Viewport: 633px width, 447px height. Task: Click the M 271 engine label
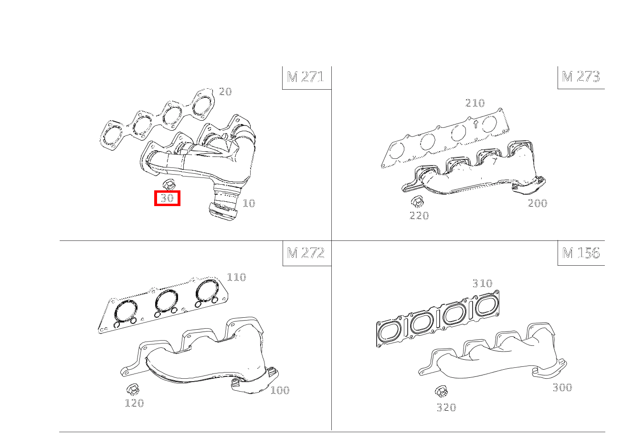pos(305,77)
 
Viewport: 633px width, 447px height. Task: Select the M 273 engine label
pos(580,76)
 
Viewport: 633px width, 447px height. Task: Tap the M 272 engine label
pos(306,253)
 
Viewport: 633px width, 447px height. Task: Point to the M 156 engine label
pos(580,253)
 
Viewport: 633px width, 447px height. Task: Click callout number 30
pos(167,198)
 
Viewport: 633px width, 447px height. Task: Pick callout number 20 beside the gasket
pos(225,92)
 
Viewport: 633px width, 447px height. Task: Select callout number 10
pos(249,203)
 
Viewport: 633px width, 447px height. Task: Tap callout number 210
pos(475,103)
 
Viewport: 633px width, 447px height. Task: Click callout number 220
pos(419,216)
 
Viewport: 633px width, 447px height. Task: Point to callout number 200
pos(538,203)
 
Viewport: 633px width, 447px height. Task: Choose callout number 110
pos(236,277)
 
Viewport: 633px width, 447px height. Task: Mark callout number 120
pos(134,403)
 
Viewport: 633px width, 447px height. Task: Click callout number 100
pos(280,390)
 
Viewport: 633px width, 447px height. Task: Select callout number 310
pos(482,283)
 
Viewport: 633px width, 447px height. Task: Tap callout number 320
pos(446,407)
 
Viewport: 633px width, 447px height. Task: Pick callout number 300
pos(562,387)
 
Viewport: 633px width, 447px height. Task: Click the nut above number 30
pos(169,185)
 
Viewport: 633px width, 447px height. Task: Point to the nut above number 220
pos(417,202)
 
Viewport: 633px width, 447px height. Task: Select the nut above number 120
pos(133,390)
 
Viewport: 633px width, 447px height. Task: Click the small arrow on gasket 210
pos(476,124)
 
